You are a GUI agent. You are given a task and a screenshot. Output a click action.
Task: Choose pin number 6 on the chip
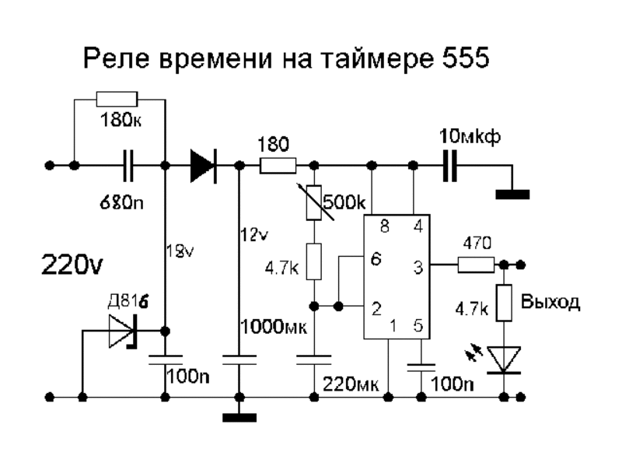[x=376, y=260]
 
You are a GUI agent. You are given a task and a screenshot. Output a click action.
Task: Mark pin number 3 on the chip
[x=419, y=267]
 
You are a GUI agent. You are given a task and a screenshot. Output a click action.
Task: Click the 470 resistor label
[x=476, y=244]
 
